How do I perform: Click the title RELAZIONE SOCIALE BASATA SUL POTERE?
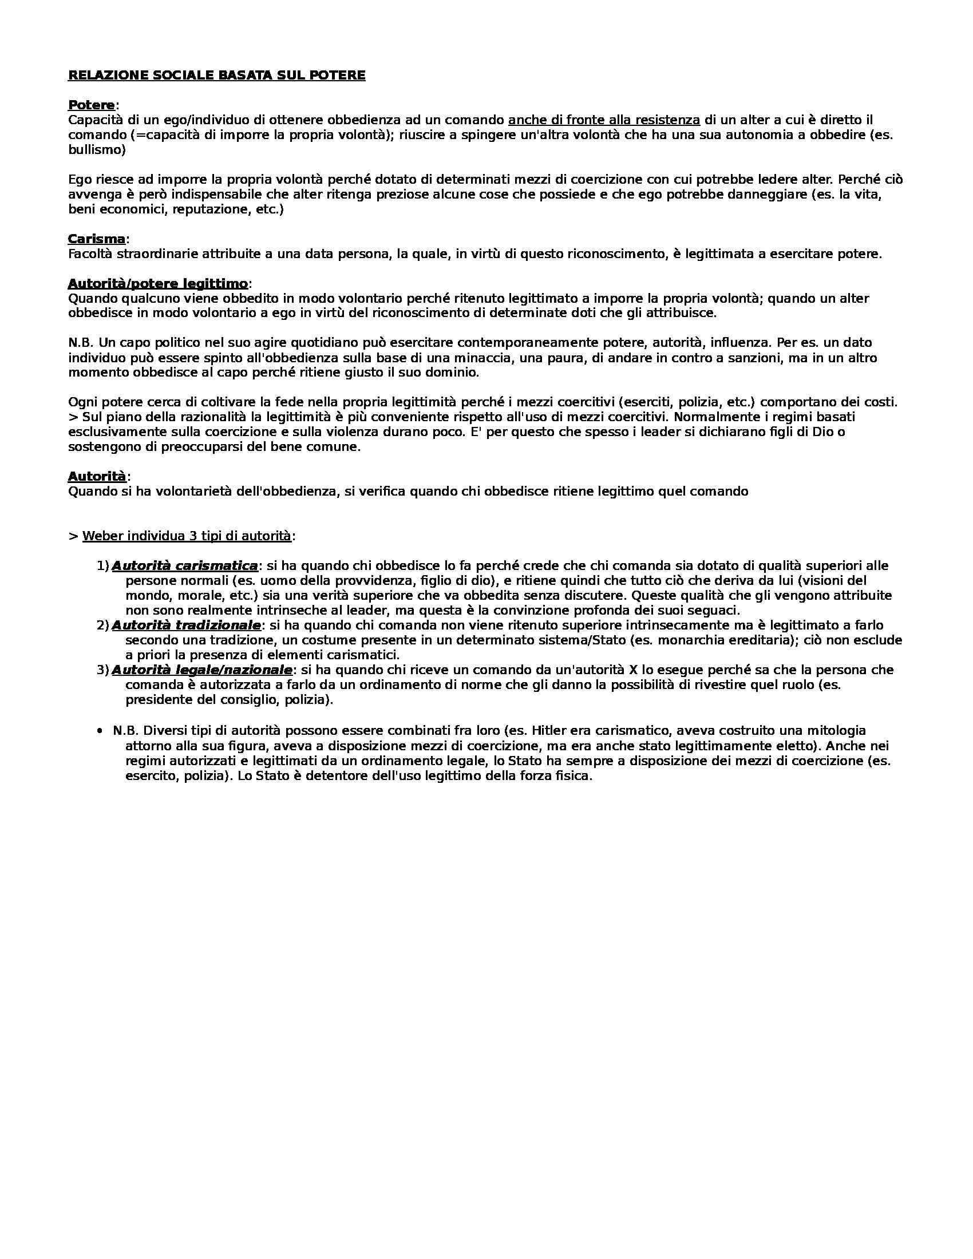pyautogui.click(x=216, y=76)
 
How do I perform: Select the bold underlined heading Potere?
pyautogui.click(x=91, y=105)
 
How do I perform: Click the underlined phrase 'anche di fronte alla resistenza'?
pyautogui.click(x=604, y=121)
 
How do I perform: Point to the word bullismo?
pyautogui.click(x=96, y=151)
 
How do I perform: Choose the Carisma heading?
pyautogui.click(x=96, y=239)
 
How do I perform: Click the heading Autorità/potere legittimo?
pyautogui.click(x=157, y=284)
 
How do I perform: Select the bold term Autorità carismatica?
pyautogui.click(x=184, y=565)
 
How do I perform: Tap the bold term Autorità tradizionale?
pyautogui.click(x=186, y=625)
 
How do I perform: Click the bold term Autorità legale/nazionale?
pyautogui.click(x=201, y=670)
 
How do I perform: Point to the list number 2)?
pyautogui.click(x=102, y=625)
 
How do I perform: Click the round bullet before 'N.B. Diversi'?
pyautogui.click(x=100, y=731)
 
